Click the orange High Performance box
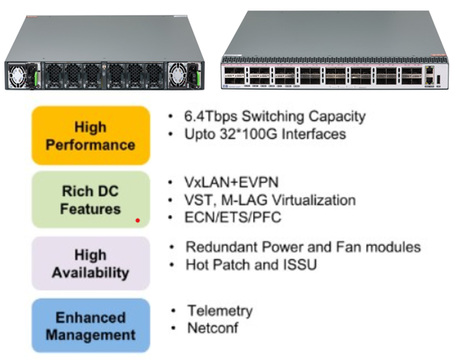coord(90,135)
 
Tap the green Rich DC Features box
coord(90,199)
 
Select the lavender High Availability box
coord(90,263)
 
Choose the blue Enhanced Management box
coord(90,326)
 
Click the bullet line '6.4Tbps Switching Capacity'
coord(275,117)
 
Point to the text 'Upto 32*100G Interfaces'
coord(265,134)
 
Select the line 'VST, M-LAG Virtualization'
coord(270,200)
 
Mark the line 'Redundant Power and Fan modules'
coord(303,246)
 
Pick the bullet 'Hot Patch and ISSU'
coord(250,264)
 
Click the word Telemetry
coord(220,311)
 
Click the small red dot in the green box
coord(137,220)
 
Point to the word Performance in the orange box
coord(90,144)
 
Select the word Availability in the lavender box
coord(90,273)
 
